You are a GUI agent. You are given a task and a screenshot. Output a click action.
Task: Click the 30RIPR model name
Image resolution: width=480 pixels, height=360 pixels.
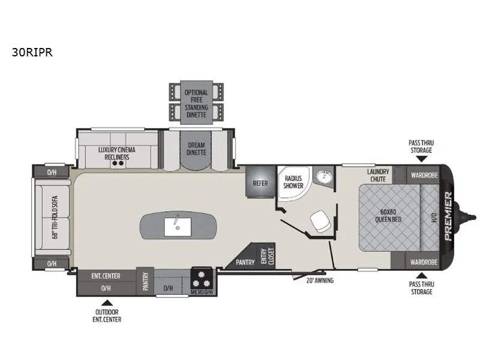(32, 52)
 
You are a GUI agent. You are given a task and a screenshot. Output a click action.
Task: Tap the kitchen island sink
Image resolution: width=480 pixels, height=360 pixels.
(178, 227)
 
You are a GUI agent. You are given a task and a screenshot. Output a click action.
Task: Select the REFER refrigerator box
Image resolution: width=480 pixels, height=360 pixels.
(260, 182)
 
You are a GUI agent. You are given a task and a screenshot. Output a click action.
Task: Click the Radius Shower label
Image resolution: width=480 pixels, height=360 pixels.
(293, 182)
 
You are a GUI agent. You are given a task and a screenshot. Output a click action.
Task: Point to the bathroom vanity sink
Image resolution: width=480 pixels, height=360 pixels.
(323, 176)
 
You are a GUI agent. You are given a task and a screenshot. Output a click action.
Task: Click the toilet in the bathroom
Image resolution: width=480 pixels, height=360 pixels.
(320, 221)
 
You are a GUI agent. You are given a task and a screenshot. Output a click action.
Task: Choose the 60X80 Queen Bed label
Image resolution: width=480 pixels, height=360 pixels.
(388, 215)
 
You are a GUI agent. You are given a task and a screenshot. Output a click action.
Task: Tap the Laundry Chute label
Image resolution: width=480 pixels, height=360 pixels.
(378, 175)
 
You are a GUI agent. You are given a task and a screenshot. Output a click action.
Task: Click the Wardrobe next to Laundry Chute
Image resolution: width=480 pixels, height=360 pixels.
(424, 175)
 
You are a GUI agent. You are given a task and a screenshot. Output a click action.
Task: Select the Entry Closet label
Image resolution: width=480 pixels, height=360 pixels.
(267, 256)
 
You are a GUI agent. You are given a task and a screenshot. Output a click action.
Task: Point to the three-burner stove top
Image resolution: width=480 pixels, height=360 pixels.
(202, 278)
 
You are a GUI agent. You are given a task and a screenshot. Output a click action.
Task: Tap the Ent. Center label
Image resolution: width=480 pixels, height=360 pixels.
(106, 276)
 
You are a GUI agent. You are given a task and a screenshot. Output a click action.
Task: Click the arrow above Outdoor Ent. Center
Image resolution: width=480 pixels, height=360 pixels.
(107, 303)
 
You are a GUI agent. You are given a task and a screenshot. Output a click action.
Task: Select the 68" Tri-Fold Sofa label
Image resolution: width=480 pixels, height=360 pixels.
(55, 217)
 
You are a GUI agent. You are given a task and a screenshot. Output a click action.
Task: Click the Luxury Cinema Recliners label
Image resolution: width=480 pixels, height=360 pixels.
(116, 154)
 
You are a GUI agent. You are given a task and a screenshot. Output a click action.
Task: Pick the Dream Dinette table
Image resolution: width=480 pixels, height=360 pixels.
(196, 149)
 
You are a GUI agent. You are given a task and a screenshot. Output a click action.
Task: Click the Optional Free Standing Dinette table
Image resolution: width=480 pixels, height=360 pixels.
(196, 103)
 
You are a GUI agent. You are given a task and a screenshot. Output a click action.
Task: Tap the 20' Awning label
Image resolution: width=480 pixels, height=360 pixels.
(320, 280)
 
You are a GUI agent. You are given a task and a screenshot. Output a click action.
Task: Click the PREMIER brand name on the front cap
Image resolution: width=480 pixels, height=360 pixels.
(448, 216)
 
